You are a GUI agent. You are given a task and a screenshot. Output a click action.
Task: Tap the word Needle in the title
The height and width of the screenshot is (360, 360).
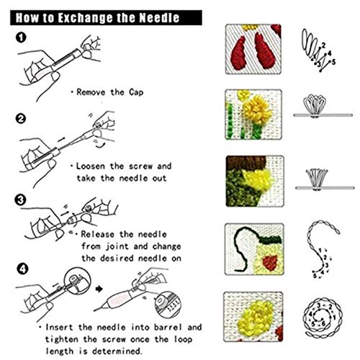pos(159,18)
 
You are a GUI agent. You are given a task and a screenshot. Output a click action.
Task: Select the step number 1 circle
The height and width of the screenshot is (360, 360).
pos(21,37)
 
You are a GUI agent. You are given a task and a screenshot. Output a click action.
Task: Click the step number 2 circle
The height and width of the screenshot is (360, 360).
pos(21,119)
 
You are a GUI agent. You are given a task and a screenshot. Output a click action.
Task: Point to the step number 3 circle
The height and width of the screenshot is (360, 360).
pos(20,200)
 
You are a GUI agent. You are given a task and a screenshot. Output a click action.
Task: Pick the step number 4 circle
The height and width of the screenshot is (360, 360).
pos(22,269)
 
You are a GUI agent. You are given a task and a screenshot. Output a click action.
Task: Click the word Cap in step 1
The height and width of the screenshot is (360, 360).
pos(136,92)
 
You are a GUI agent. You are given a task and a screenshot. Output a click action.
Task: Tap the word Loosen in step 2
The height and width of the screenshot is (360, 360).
pos(90,166)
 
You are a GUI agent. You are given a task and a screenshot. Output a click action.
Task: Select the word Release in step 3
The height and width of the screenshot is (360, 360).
pos(97,234)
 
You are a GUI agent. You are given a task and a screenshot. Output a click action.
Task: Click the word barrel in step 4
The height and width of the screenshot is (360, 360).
pos(168,328)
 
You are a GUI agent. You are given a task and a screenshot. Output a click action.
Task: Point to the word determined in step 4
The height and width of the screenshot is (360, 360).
pos(117,351)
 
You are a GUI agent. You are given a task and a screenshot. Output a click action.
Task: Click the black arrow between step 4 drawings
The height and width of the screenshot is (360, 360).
pos(99,289)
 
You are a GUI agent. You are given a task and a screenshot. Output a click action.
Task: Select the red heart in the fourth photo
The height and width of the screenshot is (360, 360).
pos(271,262)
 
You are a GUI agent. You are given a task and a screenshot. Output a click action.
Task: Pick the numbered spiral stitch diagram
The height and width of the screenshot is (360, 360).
pos(323,318)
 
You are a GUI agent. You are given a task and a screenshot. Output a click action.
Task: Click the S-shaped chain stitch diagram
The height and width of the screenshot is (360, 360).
pos(323,250)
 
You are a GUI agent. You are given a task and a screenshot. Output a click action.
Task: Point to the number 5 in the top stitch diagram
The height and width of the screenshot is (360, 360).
pos(333,62)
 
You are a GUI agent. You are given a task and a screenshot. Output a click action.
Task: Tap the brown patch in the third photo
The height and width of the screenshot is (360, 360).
pos(246,163)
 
